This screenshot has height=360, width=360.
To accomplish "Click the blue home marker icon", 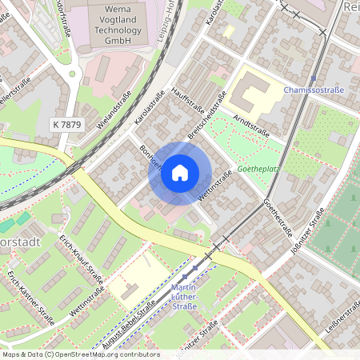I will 180,173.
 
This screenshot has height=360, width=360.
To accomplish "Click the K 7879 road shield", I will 66,124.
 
